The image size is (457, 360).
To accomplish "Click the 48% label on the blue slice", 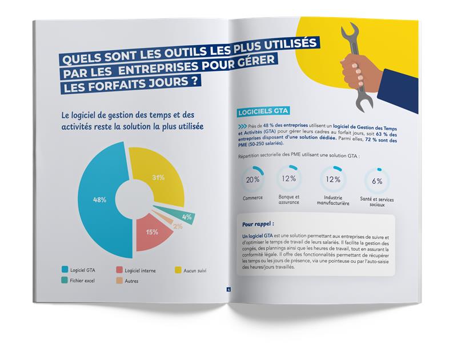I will pos(100,200).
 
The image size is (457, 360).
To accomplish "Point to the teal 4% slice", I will pos(186,217).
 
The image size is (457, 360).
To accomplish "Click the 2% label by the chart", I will pos(178,227).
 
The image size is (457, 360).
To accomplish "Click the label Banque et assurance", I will pos(289,199).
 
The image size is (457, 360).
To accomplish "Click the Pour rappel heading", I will pos(258,223).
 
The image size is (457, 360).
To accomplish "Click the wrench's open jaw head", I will pos(351,34).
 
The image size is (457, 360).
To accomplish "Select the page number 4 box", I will pos(228,289).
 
